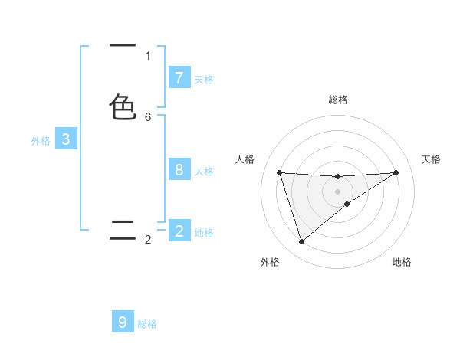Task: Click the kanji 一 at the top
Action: (x=123, y=46)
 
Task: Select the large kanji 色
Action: (x=123, y=107)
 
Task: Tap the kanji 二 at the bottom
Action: (x=123, y=230)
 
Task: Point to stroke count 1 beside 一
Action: (x=148, y=55)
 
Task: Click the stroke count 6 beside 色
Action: (x=148, y=116)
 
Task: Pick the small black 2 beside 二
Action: (x=148, y=240)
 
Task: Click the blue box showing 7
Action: (x=179, y=77)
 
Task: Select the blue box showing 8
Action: (x=179, y=169)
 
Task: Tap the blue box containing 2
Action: (x=179, y=231)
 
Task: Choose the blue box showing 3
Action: (x=66, y=139)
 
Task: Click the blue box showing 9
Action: (x=123, y=322)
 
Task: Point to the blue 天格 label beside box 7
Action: (x=204, y=79)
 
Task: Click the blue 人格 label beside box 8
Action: (x=204, y=171)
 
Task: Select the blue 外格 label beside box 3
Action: (x=41, y=141)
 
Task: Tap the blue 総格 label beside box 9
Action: (x=147, y=324)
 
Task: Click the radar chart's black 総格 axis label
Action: (x=338, y=100)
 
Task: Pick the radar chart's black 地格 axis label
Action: (x=402, y=263)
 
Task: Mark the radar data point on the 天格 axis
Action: (x=396, y=172)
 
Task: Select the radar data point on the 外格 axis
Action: (x=301, y=241)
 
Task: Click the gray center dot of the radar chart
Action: (x=338, y=191)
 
